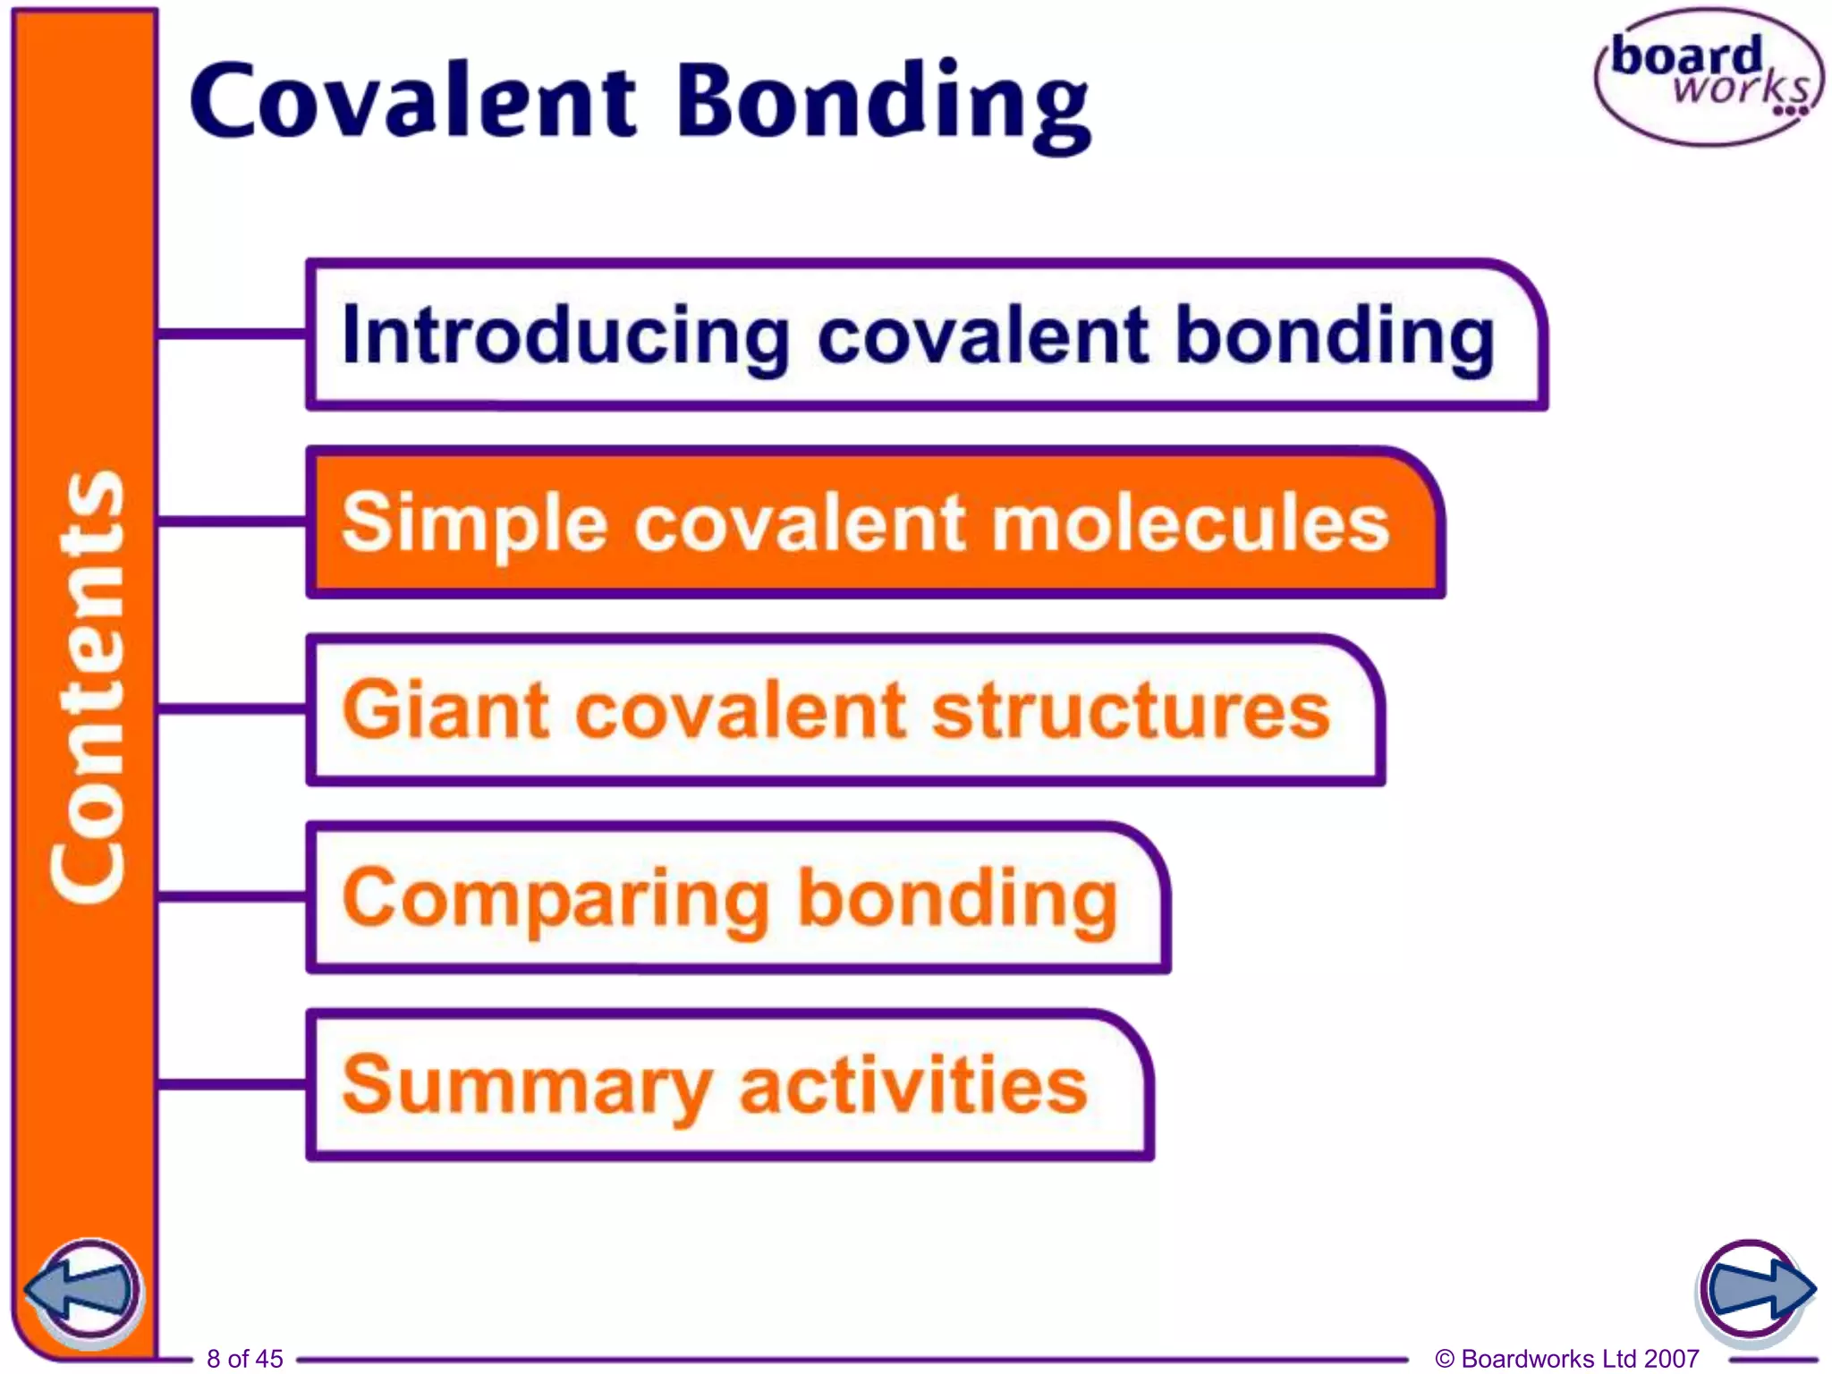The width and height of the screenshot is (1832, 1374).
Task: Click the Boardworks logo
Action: point(1707,77)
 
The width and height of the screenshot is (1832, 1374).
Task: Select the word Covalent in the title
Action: point(412,100)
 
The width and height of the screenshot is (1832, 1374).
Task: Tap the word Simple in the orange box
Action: point(474,523)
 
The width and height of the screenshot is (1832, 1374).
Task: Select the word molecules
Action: point(1191,523)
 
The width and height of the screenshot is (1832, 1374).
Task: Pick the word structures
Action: point(1131,710)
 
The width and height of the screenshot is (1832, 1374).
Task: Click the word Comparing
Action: point(555,899)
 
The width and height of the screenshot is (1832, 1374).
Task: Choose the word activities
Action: point(913,1084)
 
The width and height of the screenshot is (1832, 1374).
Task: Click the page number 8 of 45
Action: point(244,1359)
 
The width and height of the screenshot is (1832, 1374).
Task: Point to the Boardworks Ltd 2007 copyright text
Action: point(1566,1359)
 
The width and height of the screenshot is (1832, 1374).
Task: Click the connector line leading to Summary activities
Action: point(232,1084)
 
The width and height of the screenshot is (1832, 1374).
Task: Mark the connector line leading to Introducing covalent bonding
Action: point(232,335)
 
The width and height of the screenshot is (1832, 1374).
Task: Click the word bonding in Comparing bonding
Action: point(956,899)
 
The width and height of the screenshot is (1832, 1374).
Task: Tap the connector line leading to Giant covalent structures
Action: point(232,709)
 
